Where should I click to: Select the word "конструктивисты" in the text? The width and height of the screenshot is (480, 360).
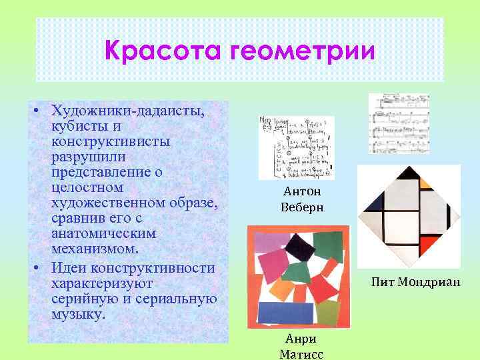[x=110, y=141]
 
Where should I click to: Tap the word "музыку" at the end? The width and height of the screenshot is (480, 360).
[x=78, y=314]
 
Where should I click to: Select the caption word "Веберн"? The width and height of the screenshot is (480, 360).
[x=302, y=207]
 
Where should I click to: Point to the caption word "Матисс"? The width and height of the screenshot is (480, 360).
[x=301, y=354]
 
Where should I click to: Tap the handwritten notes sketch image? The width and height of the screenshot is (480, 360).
[x=297, y=148]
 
